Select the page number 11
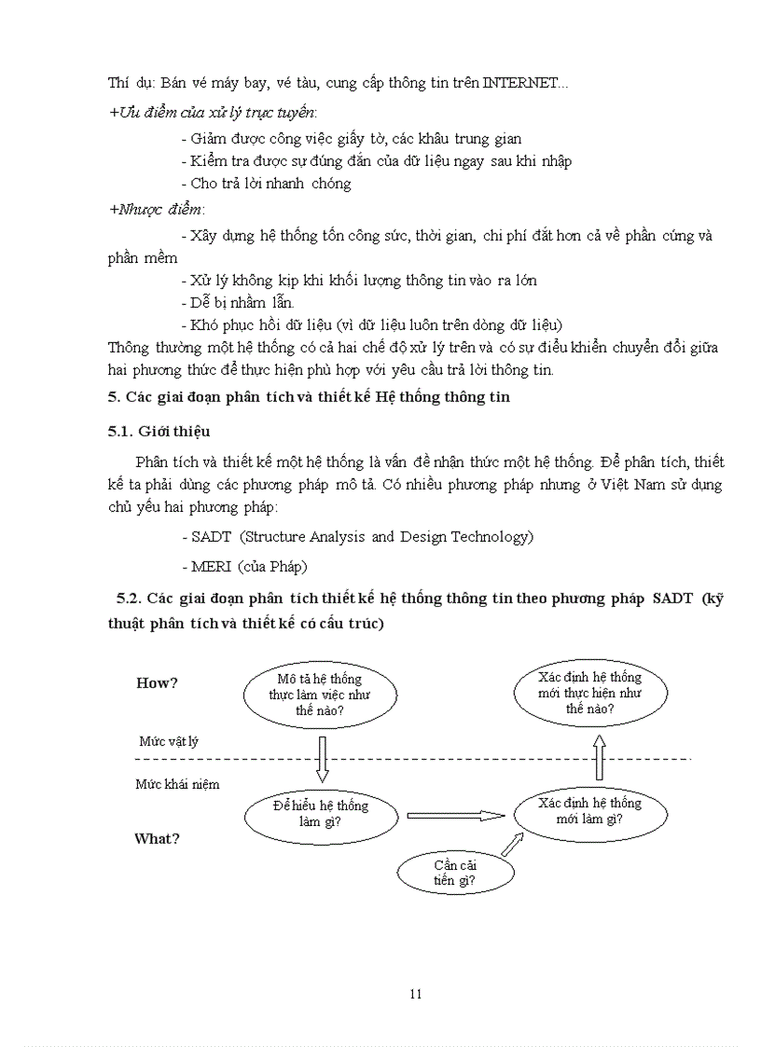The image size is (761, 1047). pyautogui.click(x=416, y=994)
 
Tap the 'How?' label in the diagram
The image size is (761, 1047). pyautogui.click(x=157, y=682)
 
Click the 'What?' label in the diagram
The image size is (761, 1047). pyautogui.click(x=157, y=838)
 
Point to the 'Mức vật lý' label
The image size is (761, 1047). pyautogui.click(x=169, y=741)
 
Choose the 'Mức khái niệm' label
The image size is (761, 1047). pyautogui.click(x=177, y=784)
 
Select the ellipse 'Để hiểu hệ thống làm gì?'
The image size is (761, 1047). pyautogui.click(x=320, y=814)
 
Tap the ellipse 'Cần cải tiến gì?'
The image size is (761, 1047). pyautogui.click(x=455, y=872)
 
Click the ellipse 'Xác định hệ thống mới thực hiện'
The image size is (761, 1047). pyautogui.click(x=589, y=693)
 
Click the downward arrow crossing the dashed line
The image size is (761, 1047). pyautogui.click(x=322, y=757)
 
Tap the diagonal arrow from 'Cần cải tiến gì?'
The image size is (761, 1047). pyautogui.click(x=511, y=844)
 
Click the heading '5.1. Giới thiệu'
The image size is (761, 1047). pyautogui.click(x=159, y=431)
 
